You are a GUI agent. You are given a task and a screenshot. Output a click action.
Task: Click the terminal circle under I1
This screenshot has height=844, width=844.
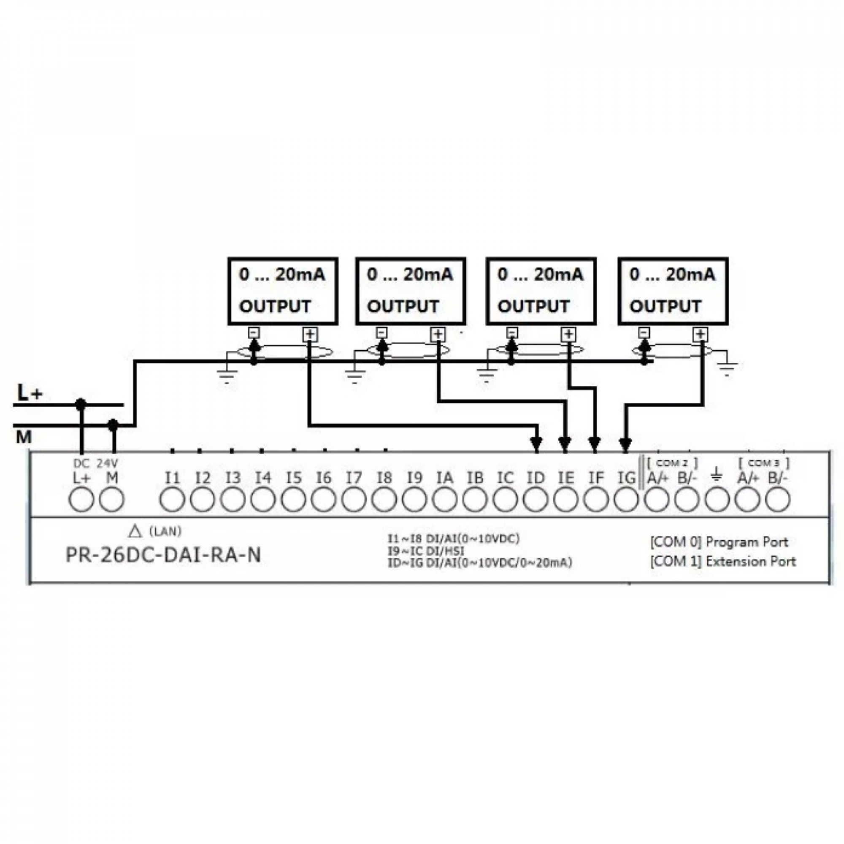(173, 500)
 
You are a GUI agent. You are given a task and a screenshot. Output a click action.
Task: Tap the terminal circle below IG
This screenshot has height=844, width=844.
(626, 500)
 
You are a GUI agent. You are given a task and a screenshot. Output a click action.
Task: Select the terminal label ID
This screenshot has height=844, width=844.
(536, 477)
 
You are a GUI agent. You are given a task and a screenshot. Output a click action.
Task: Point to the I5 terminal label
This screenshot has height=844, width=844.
(294, 477)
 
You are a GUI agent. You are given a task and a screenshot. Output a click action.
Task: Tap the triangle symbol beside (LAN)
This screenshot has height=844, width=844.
(136, 531)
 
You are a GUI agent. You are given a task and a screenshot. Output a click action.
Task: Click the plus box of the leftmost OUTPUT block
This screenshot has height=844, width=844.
(310, 335)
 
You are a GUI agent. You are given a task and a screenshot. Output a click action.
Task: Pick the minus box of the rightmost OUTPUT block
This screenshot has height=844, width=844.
(644, 333)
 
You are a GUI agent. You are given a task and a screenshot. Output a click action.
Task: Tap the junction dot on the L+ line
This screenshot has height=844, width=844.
(80, 405)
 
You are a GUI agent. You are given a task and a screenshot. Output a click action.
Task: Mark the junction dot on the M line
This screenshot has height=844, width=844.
(113, 424)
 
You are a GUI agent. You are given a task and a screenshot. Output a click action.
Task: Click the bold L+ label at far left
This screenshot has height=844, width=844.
(30, 393)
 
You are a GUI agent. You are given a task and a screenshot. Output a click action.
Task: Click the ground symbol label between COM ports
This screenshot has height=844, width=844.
(717, 473)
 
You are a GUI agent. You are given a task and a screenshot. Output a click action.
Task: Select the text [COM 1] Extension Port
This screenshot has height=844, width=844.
(723, 561)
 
